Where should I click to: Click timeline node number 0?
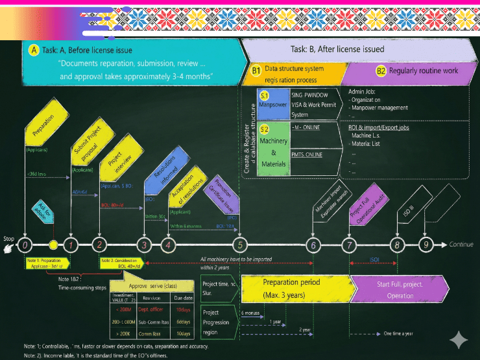(x=24, y=245)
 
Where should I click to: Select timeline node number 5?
(x=241, y=245)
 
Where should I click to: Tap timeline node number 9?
(x=426, y=245)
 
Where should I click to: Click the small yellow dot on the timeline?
(x=53, y=245)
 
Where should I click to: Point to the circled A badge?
(x=34, y=49)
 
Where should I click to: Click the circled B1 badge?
(x=256, y=70)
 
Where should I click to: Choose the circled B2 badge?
(x=381, y=70)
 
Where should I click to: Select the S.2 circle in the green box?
(x=265, y=130)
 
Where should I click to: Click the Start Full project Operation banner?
(x=400, y=289)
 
